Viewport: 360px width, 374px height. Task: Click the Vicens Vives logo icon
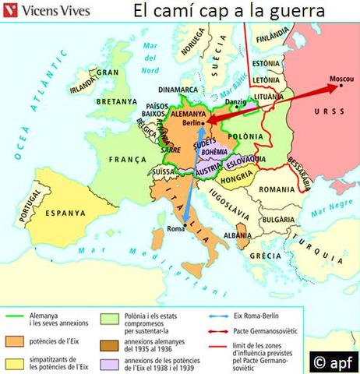[11, 11]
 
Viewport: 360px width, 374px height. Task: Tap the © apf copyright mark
[334, 360]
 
